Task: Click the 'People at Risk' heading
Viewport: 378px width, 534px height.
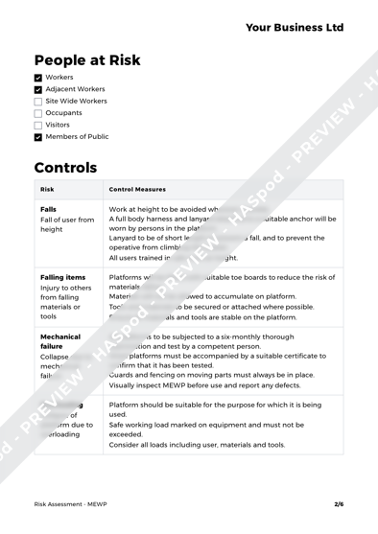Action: tap(87, 59)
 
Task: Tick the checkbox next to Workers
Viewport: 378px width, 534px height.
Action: tap(37, 76)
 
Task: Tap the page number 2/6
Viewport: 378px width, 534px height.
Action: tap(339, 502)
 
